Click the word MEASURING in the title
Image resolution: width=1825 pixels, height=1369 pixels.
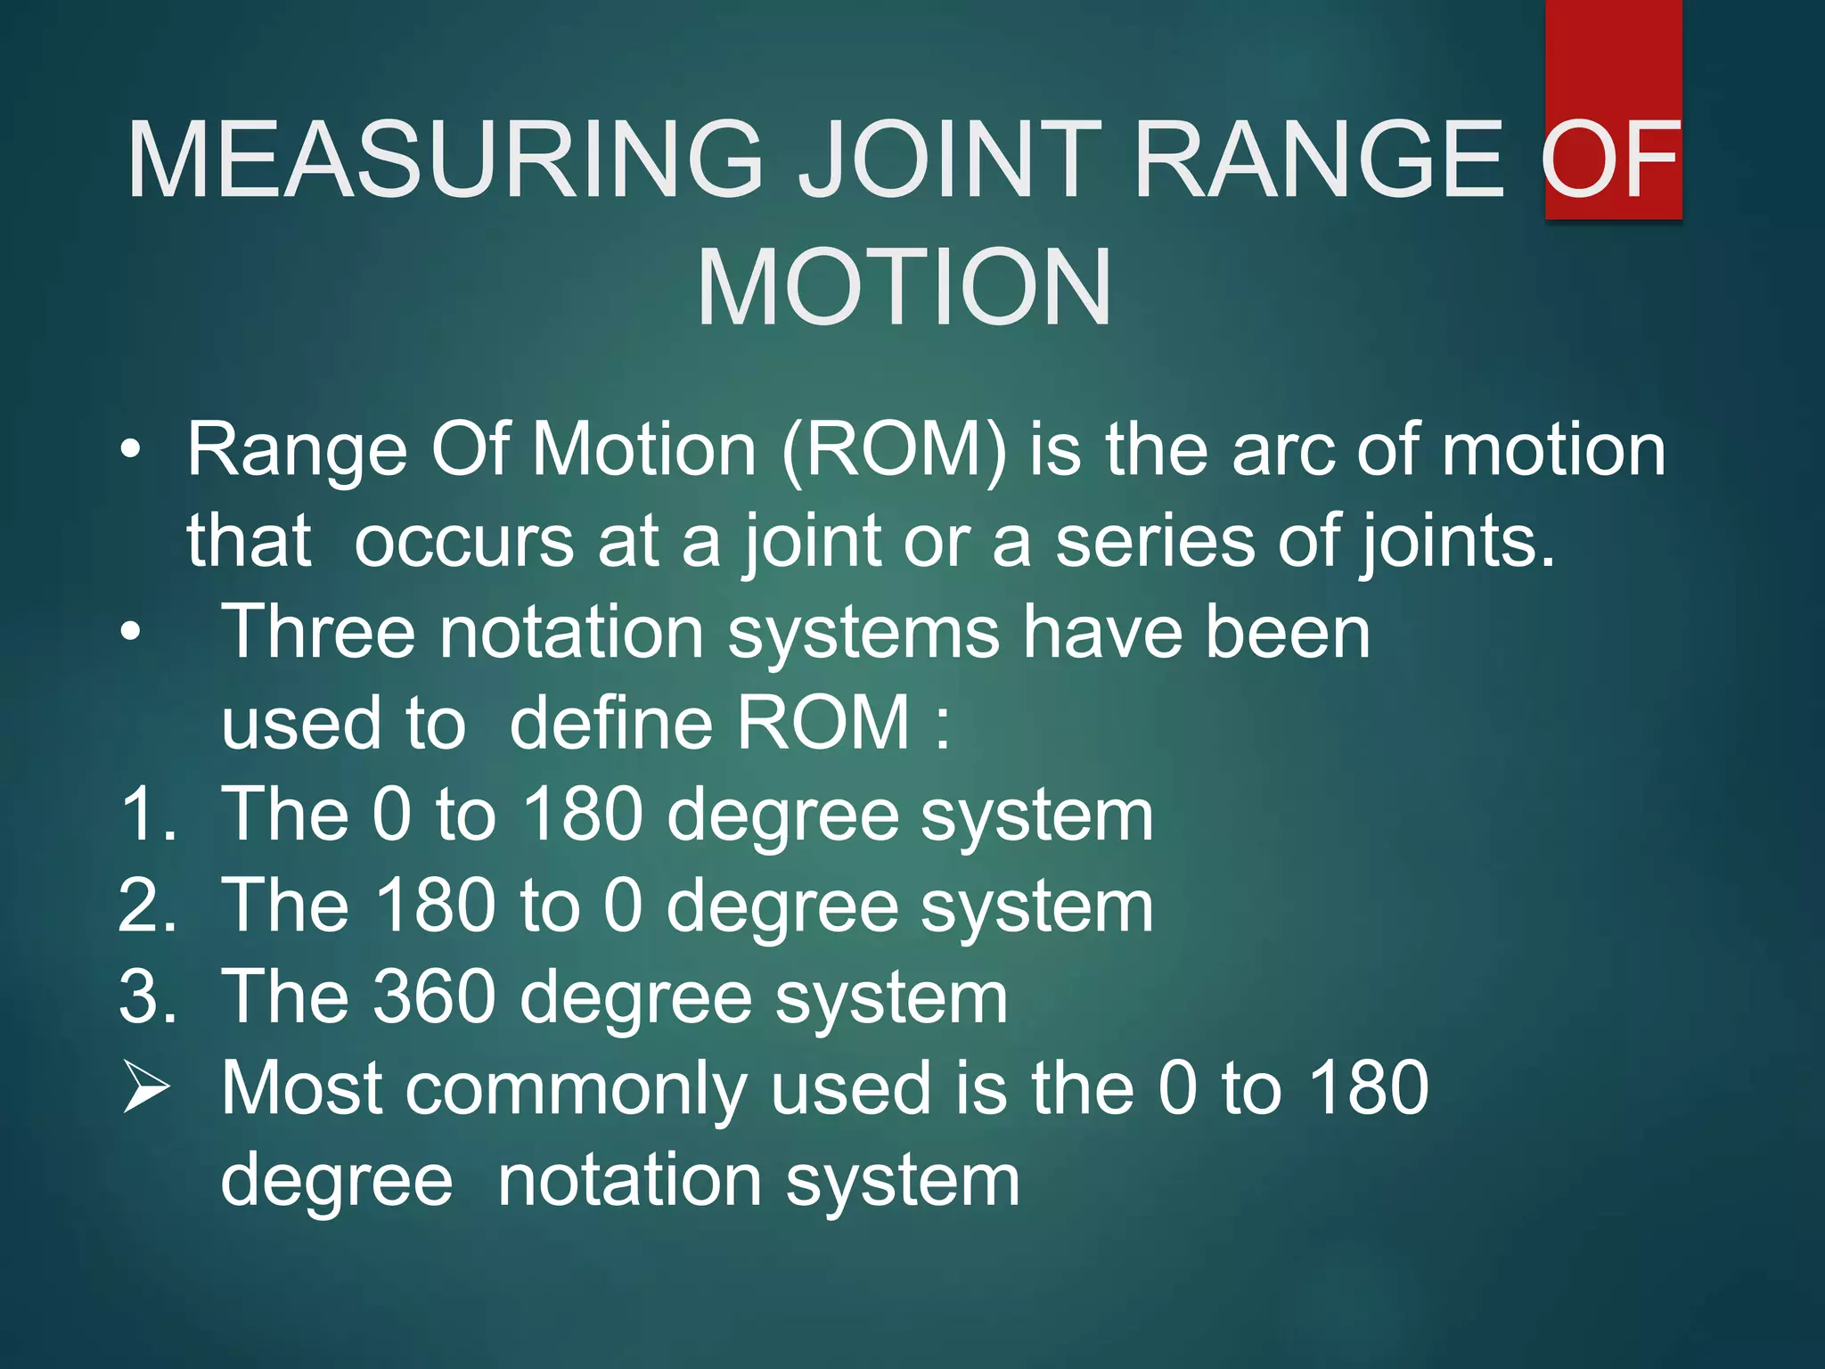[444, 160]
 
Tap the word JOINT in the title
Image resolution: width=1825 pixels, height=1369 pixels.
[948, 160]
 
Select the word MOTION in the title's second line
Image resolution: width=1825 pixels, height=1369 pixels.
[904, 288]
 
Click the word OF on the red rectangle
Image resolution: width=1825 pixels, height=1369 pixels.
[1611, 160]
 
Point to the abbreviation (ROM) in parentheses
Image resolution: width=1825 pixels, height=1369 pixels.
[894, 451]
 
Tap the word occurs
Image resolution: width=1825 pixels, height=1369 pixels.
[463, 542]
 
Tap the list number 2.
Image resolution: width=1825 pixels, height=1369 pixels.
[147, 906]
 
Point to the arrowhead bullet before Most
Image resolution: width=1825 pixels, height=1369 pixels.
[145, 1087]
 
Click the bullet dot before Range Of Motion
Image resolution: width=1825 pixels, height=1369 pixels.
[131, 449]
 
